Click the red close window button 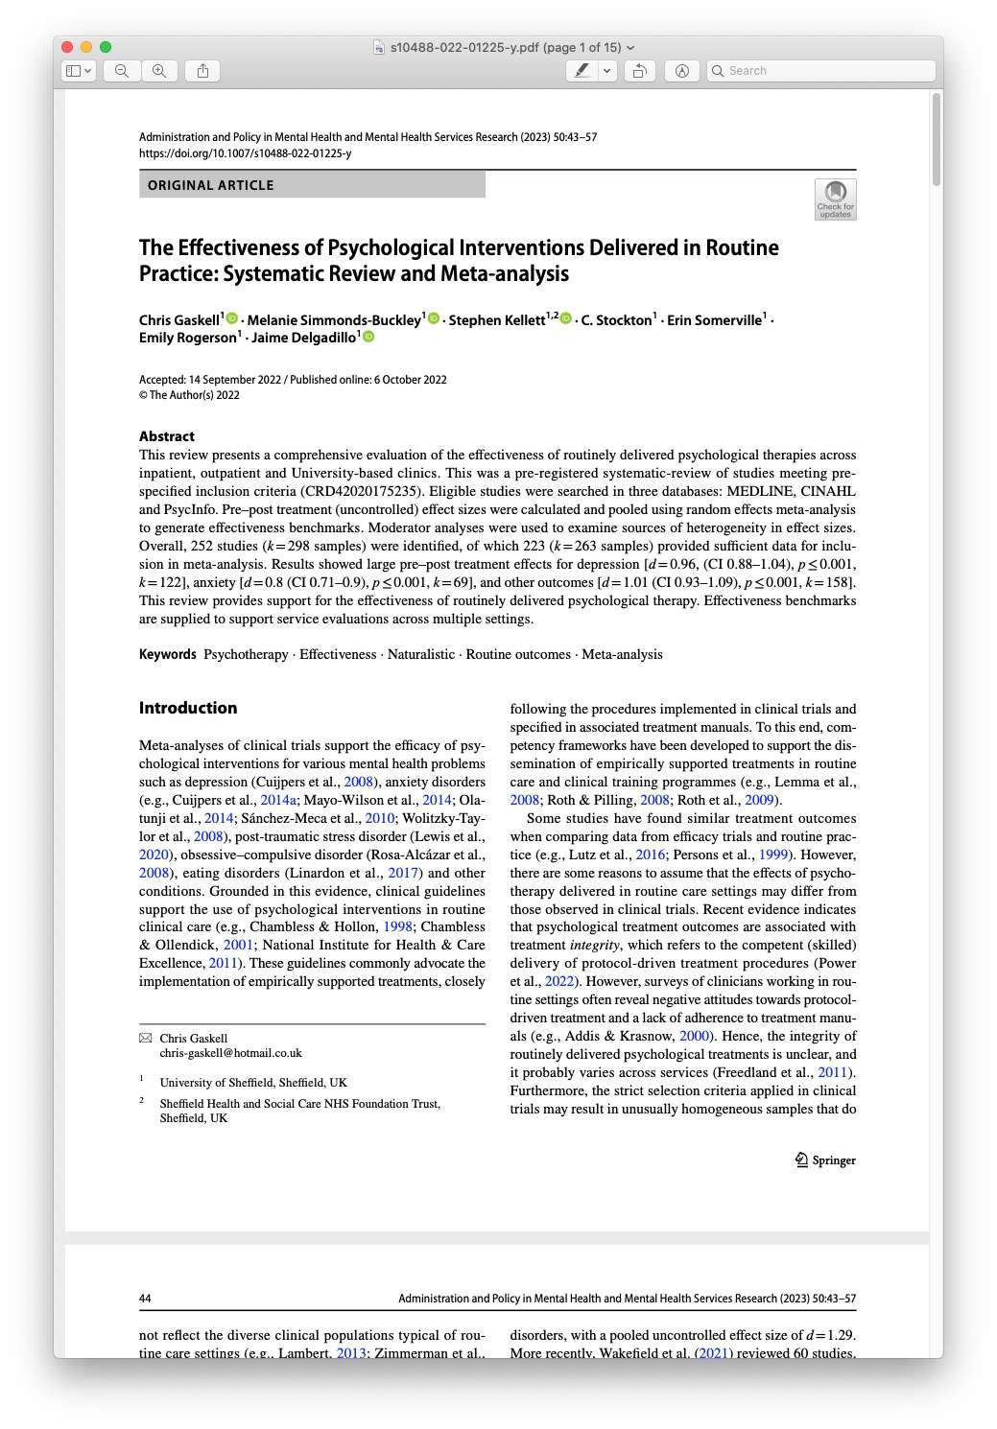tap(67, 47)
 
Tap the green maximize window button tap(106, 47)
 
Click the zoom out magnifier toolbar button tap(122, 71)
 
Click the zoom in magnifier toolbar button tap(159, 71)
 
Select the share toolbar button tap(202, 71)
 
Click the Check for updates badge tap(835, 199)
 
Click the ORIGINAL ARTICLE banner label tap(211, 185)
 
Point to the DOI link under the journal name tap(245, 153)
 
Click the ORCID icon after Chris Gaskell tap(232, 318)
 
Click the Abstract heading tap(167, 436)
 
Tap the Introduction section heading tap(188, 708)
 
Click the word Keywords tap(167, 654)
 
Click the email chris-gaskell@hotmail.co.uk tap(230, 1053)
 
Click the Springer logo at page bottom tap(825, 1160)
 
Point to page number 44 tap(145, 1299)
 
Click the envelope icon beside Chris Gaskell tap(146, 1038)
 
